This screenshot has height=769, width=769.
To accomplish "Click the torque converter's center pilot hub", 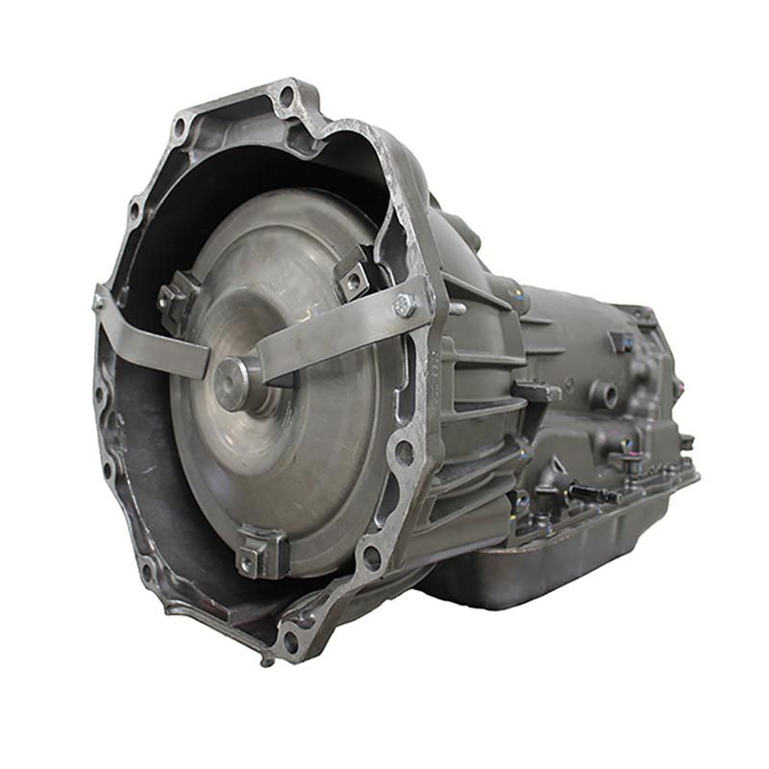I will (234, 381).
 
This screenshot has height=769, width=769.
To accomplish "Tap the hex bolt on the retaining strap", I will (405, 307).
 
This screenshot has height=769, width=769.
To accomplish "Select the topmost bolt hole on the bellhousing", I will (285, 95).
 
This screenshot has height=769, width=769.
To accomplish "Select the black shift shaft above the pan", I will (591, 493).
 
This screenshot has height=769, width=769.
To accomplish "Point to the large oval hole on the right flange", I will (404, 452).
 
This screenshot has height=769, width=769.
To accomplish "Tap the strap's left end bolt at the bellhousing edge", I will (98, 301).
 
